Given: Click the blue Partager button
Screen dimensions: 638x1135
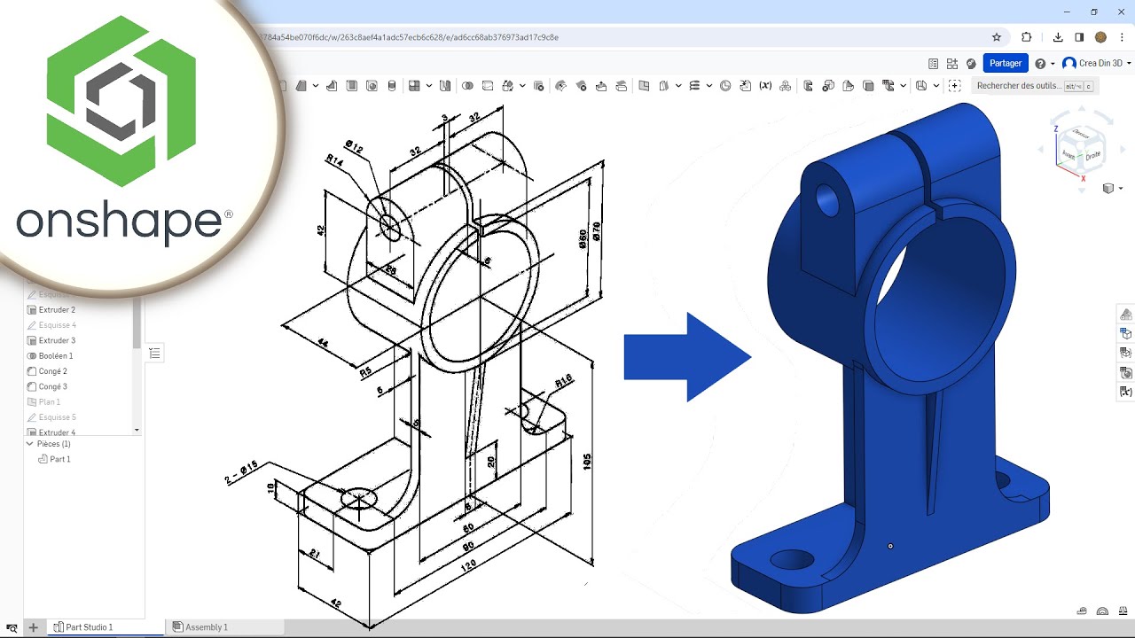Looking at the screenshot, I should pyautogui.click(x=1006, y=63).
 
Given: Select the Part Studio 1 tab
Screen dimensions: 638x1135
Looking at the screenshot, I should pyautogui.click(x=89, y=627).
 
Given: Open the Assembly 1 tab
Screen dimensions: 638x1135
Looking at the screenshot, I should pyautogui.click(x=206, y=627).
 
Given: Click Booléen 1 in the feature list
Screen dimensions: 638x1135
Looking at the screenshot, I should pyautogui.click(x=56, y=356).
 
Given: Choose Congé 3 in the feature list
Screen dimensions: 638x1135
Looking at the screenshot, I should pyautogui.click(x=52, y=386).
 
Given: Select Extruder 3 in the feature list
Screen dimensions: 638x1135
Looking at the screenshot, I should pyautogui.click(x=57, y=340).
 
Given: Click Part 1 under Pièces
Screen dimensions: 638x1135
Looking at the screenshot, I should pyautogui.click(x=59, y=459).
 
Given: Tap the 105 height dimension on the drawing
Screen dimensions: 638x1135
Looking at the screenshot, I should pyautogui.click(x=586, y=461).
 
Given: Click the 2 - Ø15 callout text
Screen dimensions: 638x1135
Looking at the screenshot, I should pyautogui.click(x=241, y=472).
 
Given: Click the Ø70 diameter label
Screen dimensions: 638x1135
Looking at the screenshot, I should pyautogui.click(x=595, y=231).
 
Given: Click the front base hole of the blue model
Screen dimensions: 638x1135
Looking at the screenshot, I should pyautogui.click(x=792, y=559).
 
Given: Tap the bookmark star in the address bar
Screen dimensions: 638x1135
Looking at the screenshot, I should pyautogui.click(x=997, y=37).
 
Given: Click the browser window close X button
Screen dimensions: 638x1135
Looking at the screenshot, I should pyautogui.click(x=1120, y=12).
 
